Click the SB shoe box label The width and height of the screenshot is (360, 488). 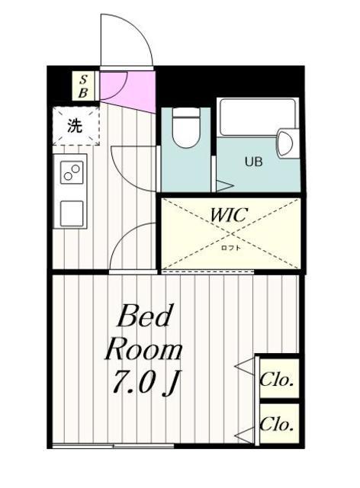[x=83, y=86]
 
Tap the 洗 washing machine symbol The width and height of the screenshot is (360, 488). [x=76, y=126]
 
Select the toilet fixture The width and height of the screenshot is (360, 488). [x=186, y=127]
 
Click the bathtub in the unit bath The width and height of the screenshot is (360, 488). [x=257, y=117]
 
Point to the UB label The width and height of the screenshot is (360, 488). [x=254, y=162]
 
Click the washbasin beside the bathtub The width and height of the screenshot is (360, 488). [x=285, y=143]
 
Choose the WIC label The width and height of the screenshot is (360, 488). [x=230, y=214]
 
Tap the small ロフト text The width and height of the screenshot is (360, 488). [x=231, y=248]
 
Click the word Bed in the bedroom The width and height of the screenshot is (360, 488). [x=144, y=316]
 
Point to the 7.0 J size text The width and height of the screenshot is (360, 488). [x=146, y=382]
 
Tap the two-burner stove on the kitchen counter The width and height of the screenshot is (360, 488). [x=72, y=173]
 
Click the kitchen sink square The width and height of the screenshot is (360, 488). [x=72, y=213]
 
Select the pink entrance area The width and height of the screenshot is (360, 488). [x=127, y=90]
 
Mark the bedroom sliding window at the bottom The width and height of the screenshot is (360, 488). [x=113, y=446]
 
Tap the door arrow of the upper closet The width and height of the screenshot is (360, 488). [x=245, y=366]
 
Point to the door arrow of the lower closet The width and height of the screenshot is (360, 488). [x=245, y=435]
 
